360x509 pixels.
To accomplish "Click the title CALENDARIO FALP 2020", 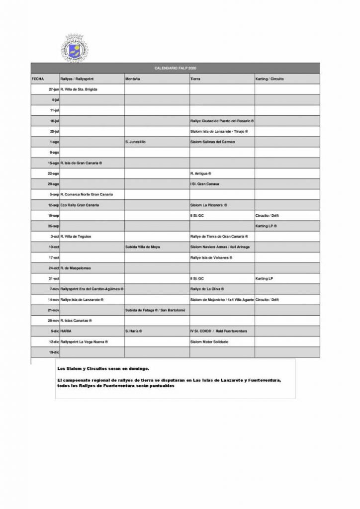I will pyautogui.click(x=176, y=68).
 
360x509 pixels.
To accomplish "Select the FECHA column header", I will pyautogui.click(x=38, y=79).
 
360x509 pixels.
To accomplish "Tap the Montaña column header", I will pyautogui.click(x=133, y=79).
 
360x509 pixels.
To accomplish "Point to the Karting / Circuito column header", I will pyautogui.click(x=269, y=79).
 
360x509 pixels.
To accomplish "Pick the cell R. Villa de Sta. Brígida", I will pyautogui.click(x=79, y=89).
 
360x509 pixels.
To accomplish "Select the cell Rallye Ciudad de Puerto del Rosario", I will pyautogui.click(x=222, y=121).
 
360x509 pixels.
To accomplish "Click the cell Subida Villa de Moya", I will pyautogui.click(x=143, y=247).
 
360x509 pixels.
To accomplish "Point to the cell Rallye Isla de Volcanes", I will pyautogui.click(x=211, y=257).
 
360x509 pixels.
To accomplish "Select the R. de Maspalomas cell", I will pyautogui.click(x=75, y=268).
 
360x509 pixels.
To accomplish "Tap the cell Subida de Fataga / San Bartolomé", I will pyautogui.click(x=155, y=310).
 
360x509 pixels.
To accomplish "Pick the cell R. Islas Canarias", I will pyautogui.click(x=76, y=321).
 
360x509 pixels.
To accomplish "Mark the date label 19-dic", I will pyautogui.click(x=54, y=352).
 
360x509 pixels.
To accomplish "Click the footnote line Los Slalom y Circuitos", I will pyautogui.click(x=102, y=369).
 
